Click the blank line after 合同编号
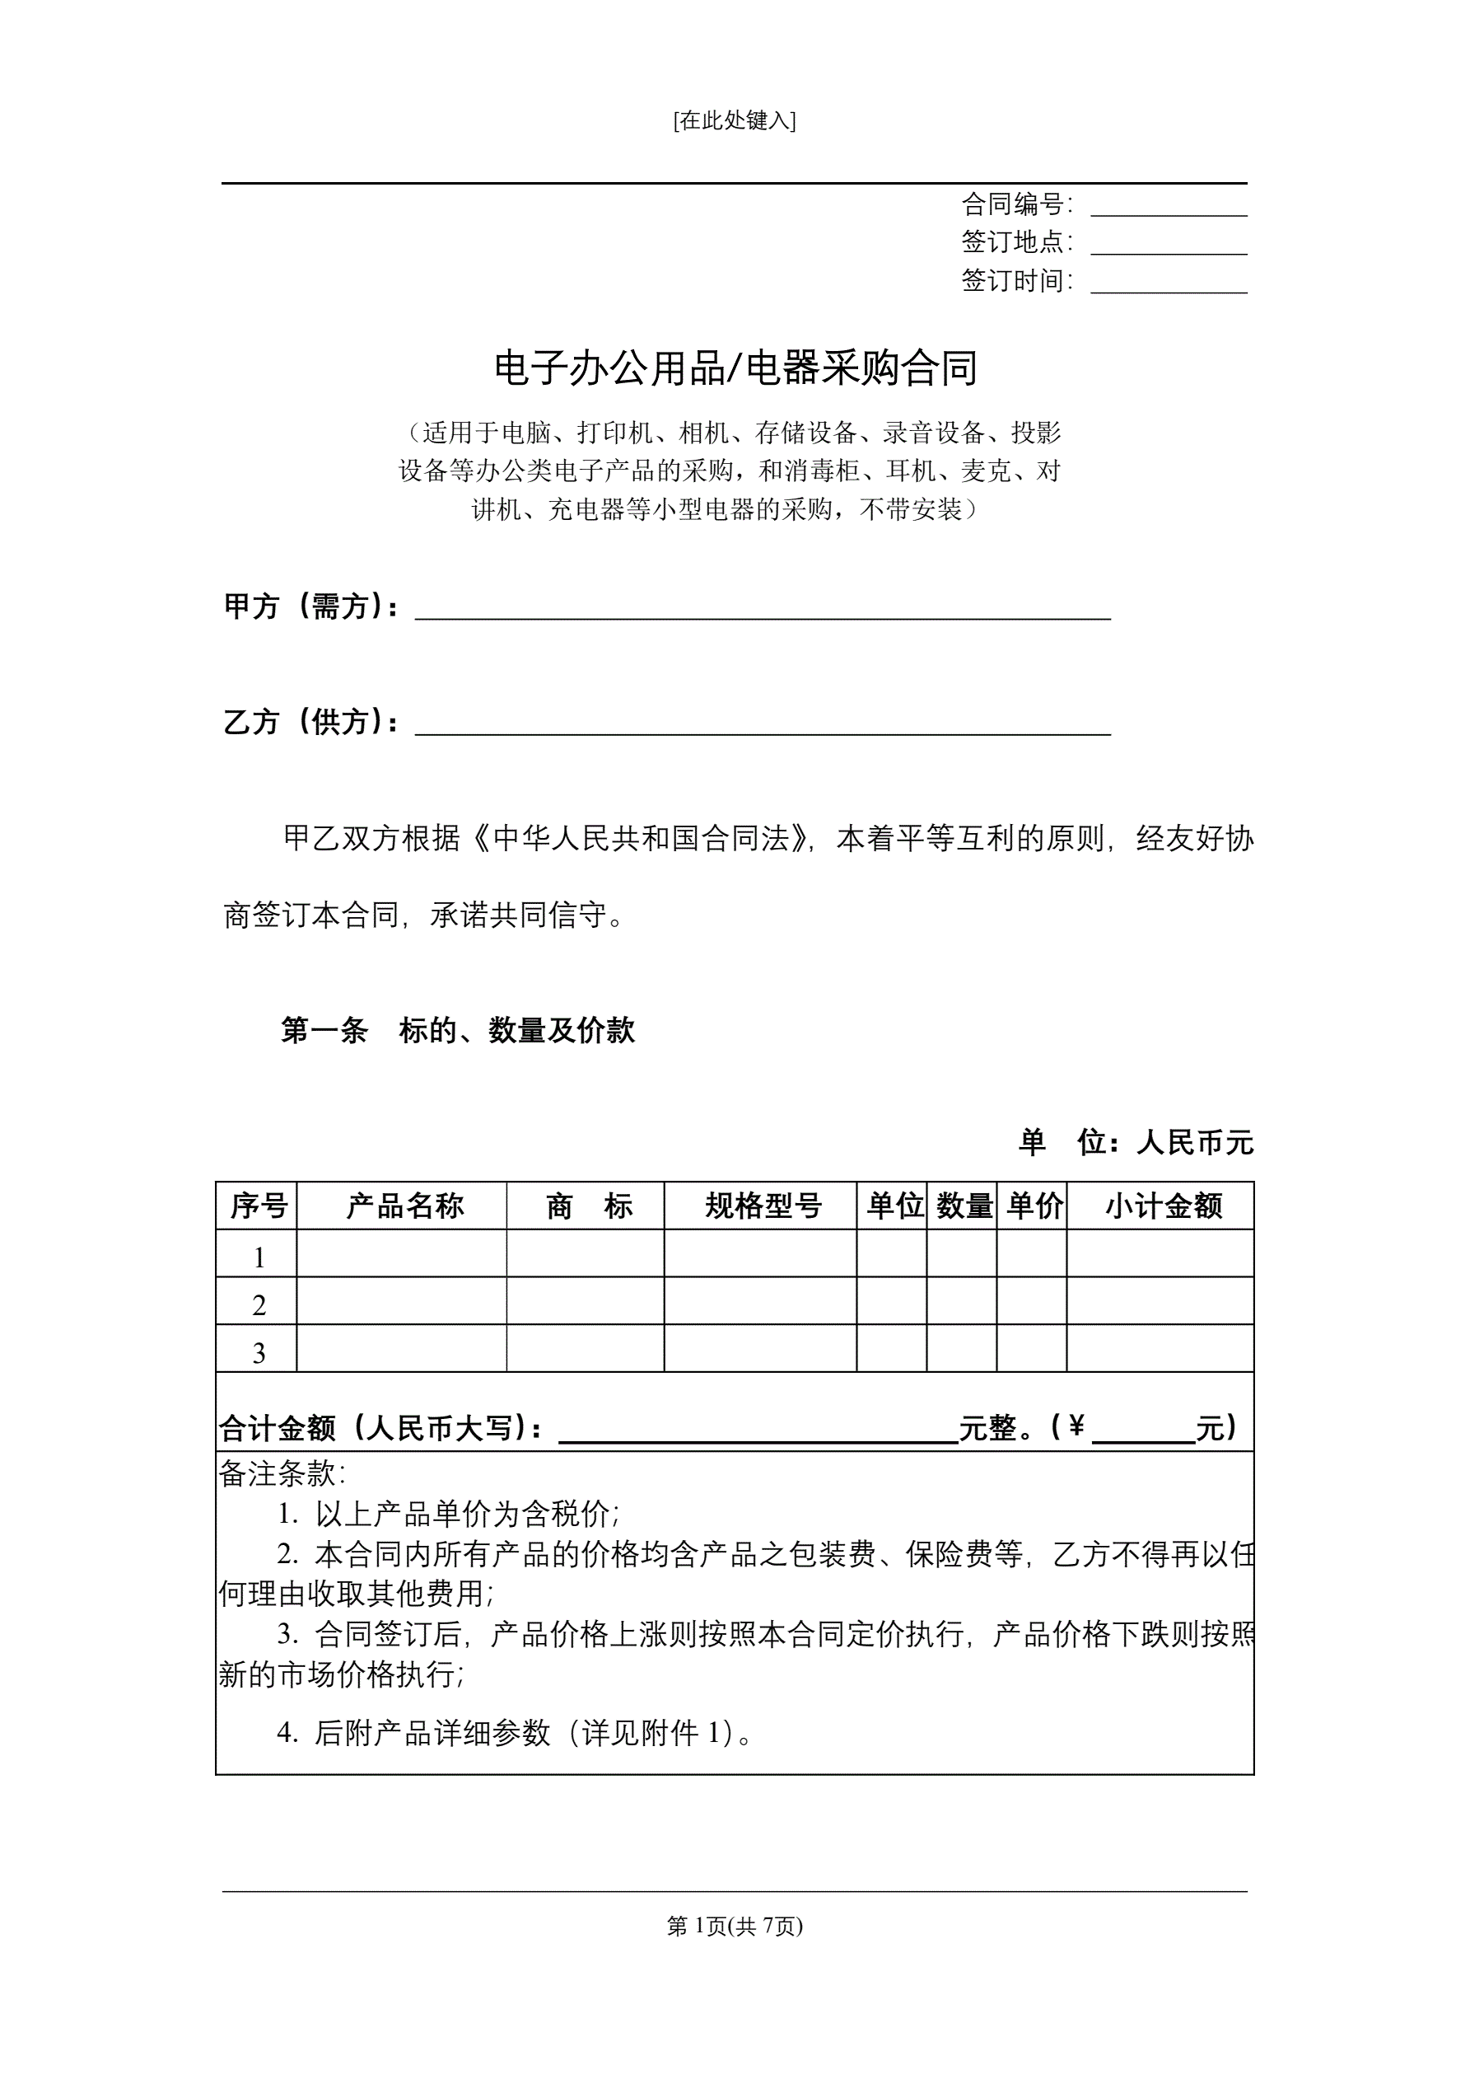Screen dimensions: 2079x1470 1168,208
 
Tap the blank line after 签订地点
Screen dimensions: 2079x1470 1168,246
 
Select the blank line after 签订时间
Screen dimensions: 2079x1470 1168,285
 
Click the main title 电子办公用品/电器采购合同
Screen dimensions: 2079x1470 735,368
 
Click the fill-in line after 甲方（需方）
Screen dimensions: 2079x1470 762,611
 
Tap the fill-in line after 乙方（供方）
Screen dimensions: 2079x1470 762,726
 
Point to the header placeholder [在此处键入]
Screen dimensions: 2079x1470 734,120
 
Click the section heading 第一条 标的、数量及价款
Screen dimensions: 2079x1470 458,1031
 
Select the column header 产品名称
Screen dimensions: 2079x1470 404,1206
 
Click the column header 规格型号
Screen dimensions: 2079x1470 763,1206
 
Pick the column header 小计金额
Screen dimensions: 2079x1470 1162,1206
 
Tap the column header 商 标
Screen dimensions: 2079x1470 588,1206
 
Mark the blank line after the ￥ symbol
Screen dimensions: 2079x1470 1143,1432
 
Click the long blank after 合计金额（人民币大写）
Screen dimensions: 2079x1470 758,1432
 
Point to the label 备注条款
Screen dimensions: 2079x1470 282,1473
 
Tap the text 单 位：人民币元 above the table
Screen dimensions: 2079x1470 1135,1143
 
